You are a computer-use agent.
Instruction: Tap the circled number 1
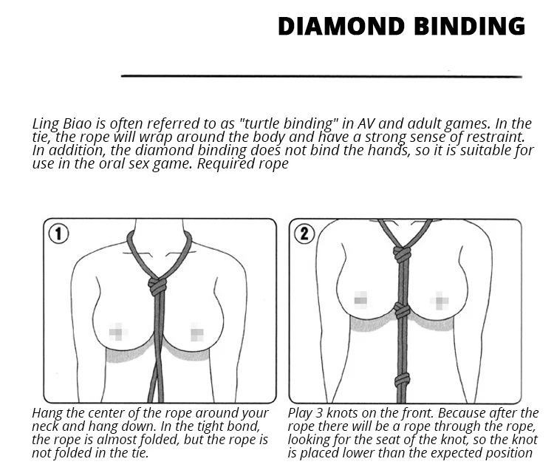pos(58,234)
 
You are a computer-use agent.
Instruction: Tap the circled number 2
pos(304,234)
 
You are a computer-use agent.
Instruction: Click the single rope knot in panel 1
pos(157,285)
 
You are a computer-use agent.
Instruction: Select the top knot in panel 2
pos(401,253)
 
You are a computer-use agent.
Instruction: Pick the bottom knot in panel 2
pos(402,381)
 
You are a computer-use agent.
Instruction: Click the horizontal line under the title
pos(321,75)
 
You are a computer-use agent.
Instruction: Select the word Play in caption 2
pos(301,413)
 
